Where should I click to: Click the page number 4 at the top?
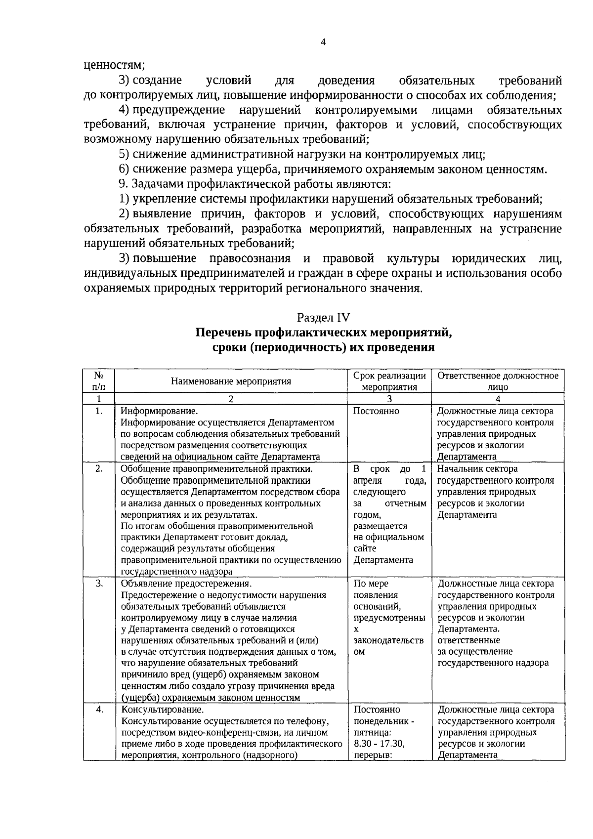pyautogui.click(x=323, y=42)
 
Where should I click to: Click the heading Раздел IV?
pyautogui.click(x=323, y=317)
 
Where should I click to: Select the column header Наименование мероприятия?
pyautogui.click(x=231, y=381)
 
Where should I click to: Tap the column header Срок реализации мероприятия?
pyautogui.click(x=389, y=381)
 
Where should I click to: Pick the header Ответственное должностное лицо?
pyautogui.click(x=498, y=381)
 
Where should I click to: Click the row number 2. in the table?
pyautogui.click(x=99, y=468)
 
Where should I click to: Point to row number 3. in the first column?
pyautogui.click(x=99, y=584)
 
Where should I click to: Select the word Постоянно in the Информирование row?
pyautogui.click(x=376, y=411)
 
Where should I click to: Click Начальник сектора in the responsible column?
pyautogui.click(x=477, y=468)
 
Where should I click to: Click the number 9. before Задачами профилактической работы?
pyautogui.click(x=124, y=184)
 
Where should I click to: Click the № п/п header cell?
pyautogui.click(x=99, y=381)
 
